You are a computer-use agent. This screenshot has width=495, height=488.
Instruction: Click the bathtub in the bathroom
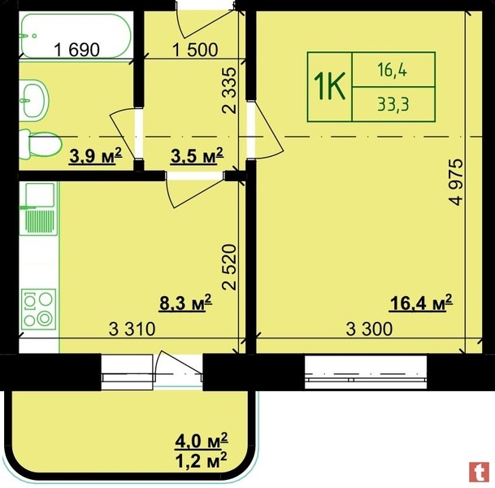coord(75,35)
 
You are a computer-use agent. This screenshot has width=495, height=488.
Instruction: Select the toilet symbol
coord(41,145)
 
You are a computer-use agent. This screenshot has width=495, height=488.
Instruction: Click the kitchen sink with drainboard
coord(38,209)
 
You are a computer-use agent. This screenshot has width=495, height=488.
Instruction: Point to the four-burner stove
coord(38,309)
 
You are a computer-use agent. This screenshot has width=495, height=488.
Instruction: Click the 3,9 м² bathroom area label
coord(96,155)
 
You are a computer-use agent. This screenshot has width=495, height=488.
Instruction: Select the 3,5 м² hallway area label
coord(197,155)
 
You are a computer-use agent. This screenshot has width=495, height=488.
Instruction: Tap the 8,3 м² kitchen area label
coord(185,303)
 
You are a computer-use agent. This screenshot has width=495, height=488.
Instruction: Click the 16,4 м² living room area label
coord(421,303)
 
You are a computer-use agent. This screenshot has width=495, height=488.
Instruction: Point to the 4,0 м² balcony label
coord(202,440)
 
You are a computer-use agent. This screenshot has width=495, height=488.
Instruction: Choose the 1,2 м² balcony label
coord(202,460)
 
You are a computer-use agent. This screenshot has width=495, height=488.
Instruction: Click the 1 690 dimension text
coord(76,50)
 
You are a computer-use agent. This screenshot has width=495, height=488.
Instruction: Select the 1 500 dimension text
coord(195,50)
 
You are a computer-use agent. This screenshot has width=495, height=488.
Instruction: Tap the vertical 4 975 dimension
coord(457,182)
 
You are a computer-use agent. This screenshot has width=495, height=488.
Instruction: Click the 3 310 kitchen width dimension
coord(132,329)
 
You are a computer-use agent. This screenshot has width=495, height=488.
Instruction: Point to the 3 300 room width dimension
coord(369,329)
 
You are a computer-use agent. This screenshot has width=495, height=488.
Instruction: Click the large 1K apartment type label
coord(329,86)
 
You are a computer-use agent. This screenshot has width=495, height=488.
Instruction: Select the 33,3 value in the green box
coord(393,104)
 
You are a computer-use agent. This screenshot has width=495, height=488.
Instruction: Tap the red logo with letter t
coord(480,473)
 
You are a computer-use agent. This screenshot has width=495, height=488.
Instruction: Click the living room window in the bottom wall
coord(366,373)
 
